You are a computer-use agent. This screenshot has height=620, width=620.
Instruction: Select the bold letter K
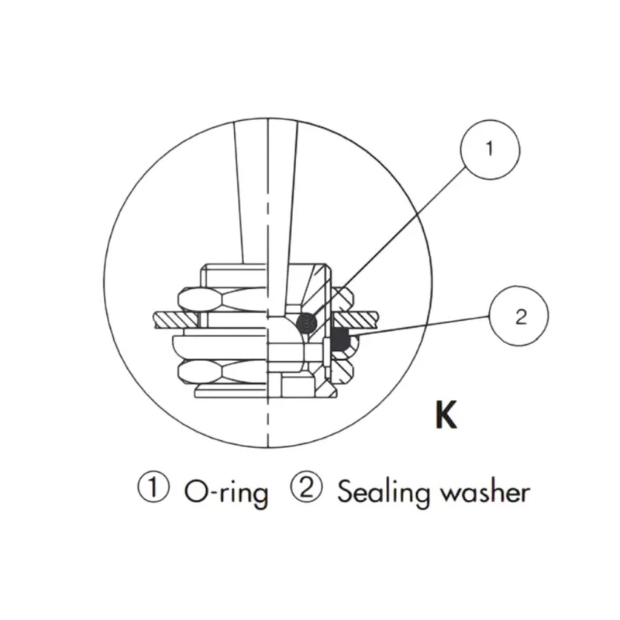[x=446, y=415]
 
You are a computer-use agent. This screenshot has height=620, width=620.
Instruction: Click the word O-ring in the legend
[x=226, y=493]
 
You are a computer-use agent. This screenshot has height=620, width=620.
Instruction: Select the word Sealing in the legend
[x=384, y=492]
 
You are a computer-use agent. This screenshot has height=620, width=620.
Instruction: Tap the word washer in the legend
[x=485, y=492]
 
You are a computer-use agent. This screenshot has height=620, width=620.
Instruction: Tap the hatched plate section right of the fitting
[x=356, y=319]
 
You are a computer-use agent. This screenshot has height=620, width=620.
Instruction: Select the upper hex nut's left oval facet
[x=198, y=299]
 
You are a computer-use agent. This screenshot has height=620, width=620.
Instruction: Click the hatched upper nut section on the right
[x=341, y=300]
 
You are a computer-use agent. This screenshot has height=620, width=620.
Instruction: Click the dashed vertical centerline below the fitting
[x=268, y=422]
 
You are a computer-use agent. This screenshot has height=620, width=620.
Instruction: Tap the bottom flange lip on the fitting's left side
[x=230, y=393]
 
